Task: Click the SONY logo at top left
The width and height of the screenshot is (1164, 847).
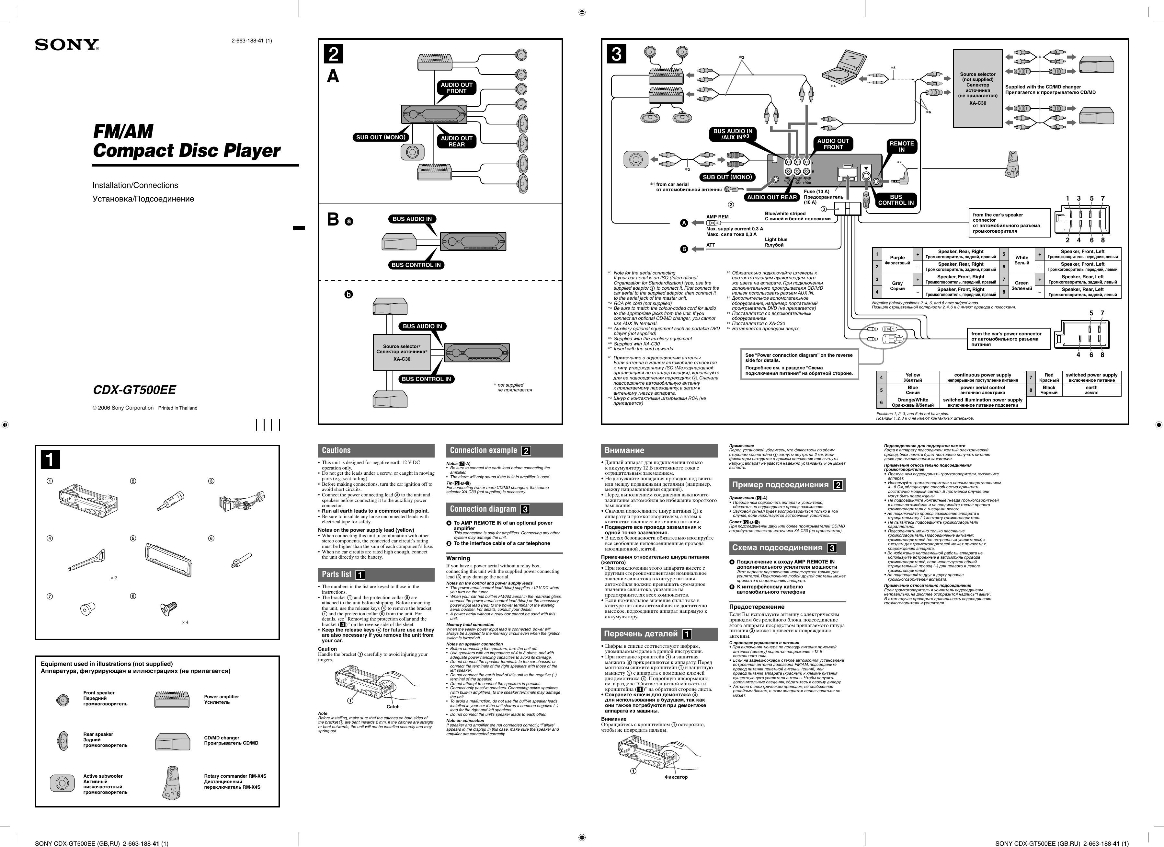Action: tap(67, 45)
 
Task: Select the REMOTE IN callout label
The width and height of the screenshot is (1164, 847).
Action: tap(901, 146)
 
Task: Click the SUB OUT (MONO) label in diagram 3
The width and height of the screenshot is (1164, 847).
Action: tap(727, 177)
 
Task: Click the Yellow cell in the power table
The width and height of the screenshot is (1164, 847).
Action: tap(913, 377)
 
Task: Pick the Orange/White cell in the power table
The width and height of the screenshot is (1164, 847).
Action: tap(913, 402)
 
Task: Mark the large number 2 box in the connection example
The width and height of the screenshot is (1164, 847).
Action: tap(334, 54)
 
